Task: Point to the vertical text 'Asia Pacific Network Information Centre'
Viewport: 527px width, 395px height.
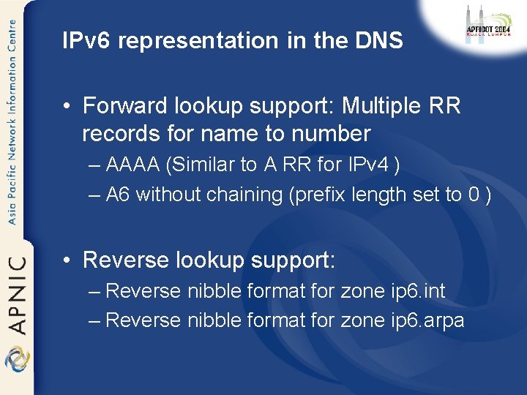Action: click(12, 121)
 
